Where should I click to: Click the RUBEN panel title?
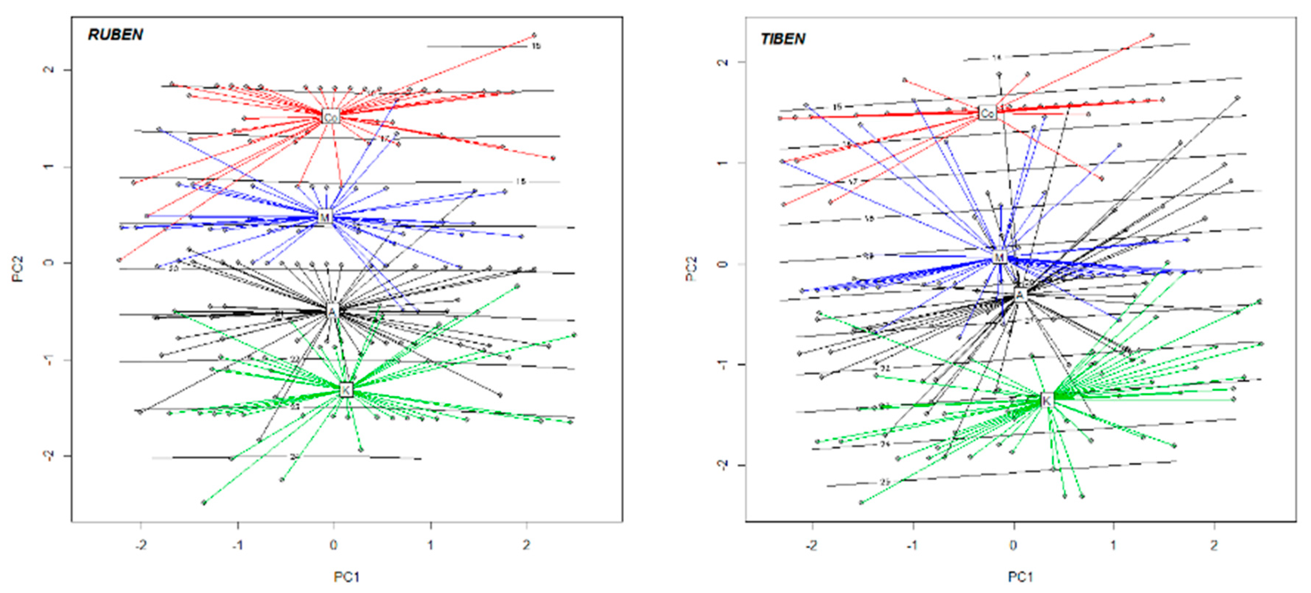click(x=116, y=35)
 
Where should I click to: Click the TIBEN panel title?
click(x=783, y=39)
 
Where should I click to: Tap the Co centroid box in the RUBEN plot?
click(x=331, y=117)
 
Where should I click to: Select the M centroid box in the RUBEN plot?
click(x=325, y=217)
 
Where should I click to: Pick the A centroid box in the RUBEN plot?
click(x=332, y=311)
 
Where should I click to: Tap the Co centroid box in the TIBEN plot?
click(x=987, y=113)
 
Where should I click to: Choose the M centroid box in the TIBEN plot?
click(x=1000, y=258)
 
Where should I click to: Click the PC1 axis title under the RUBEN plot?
click(x=347, y=577)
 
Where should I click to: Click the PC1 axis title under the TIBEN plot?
click(x=1020, y=577)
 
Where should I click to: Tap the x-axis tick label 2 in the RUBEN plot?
click(x=526, y=545)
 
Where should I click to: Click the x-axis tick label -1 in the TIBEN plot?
click(x=913, y=545)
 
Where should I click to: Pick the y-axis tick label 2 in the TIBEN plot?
click(x=723, y=62)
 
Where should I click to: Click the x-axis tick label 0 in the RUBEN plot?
click(x=333, y=545)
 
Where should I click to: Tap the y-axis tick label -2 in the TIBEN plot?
click(x=723, y=464)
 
